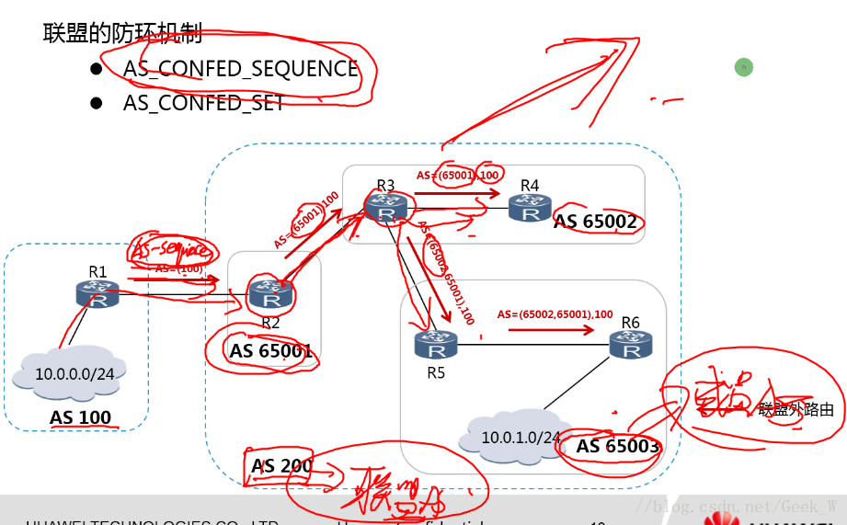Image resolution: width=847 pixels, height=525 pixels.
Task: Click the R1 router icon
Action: point(98,294)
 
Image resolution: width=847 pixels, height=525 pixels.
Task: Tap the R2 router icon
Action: point(270,294)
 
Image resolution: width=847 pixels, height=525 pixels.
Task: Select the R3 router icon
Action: point(385,208)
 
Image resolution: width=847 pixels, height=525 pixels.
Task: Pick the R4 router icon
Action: point(530,209)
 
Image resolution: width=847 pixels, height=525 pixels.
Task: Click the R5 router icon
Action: point(436,345)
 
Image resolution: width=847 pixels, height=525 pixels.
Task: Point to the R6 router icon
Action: point(631,345)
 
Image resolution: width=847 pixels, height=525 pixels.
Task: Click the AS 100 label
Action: point(81,417)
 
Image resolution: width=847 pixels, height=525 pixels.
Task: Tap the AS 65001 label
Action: point(271,350)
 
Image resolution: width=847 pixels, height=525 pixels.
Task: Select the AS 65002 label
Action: point(595,222)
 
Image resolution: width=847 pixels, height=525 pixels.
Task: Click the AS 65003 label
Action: point(618,447)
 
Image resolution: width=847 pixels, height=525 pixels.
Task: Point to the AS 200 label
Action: point(282,466)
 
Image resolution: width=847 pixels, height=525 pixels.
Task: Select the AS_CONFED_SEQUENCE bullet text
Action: point(241,69)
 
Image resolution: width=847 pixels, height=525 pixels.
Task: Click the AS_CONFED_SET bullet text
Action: point(204,102)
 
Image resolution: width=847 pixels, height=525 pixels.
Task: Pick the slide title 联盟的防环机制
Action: point(122,34)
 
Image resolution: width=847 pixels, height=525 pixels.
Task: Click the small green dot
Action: point(744,66)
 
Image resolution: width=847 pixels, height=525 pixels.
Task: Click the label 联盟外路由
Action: point(796,410)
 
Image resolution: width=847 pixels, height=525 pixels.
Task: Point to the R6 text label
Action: point(630,323)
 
